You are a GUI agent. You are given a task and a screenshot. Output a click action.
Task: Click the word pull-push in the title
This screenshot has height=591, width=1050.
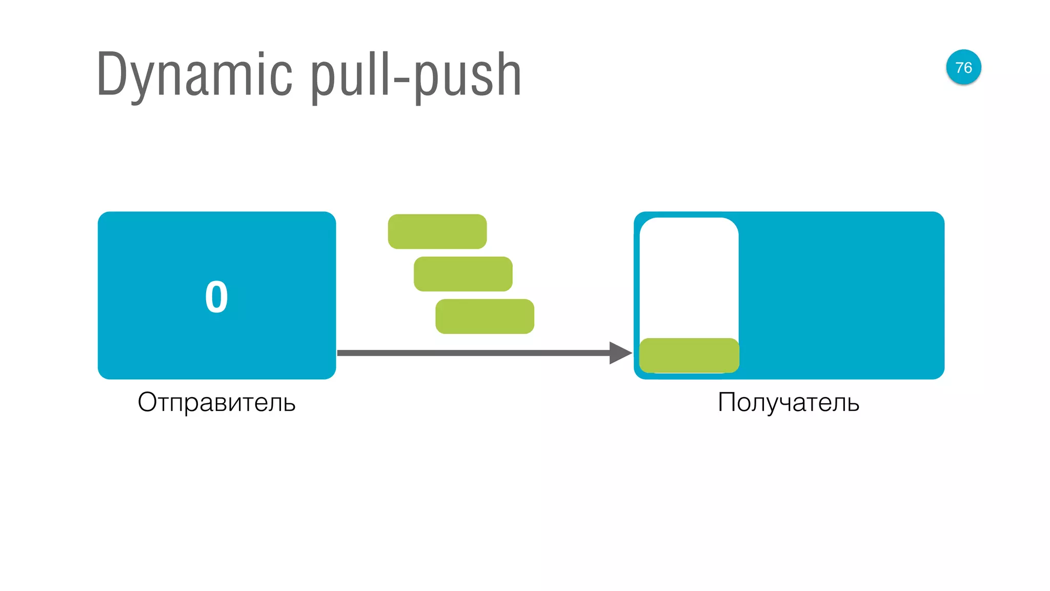416,75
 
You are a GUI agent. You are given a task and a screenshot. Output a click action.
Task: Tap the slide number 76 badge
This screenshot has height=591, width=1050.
963,67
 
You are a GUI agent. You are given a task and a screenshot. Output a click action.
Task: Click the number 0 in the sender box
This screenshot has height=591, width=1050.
216,297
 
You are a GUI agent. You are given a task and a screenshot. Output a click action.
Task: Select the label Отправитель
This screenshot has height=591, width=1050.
216,402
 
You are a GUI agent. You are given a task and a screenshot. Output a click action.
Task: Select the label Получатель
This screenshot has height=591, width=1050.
788,402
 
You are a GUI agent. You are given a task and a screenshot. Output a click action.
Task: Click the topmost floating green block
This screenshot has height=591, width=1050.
437,231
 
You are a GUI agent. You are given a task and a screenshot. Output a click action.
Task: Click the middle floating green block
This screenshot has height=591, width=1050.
462,274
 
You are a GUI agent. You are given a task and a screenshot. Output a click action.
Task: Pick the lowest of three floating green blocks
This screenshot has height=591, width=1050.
484,317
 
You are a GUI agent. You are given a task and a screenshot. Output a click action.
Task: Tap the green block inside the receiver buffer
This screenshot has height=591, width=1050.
689,355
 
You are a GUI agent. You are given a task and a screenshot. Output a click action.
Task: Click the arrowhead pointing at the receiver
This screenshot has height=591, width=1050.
620,353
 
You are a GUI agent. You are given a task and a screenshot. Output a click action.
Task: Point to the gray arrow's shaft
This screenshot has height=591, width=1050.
472,353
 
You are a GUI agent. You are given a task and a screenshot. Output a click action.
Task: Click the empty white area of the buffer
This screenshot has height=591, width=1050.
689,277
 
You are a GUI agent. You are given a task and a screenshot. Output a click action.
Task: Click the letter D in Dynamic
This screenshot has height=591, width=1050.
110,74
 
